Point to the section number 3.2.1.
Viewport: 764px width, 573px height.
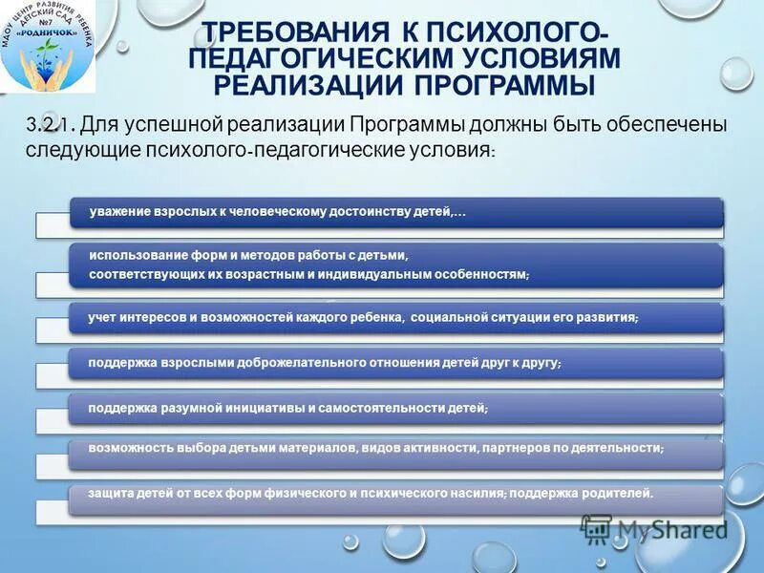pyautogui.click(x=50, y=126)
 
